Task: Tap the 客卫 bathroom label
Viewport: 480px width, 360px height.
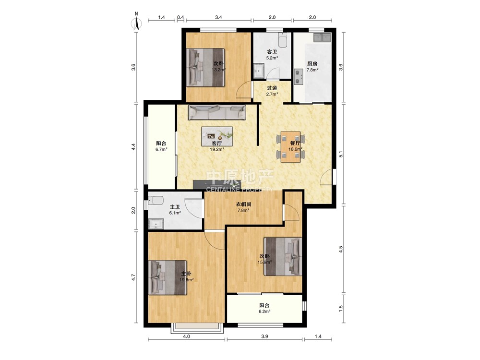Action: tap(272, 52)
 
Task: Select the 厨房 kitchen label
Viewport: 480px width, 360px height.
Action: tap(312, 64)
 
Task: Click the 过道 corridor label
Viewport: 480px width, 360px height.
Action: tap(272, 88)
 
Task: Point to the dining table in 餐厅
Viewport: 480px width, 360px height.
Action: tap(290, 146)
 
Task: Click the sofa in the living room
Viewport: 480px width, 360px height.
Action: tap(217, 113)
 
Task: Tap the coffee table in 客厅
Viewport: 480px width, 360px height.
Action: tap(217, 136)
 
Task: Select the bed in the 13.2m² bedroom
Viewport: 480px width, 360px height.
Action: tap(206, 67)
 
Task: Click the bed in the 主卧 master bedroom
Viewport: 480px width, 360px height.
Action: tap(168, 277)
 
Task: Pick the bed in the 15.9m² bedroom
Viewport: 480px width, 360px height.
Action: tap(283, 257)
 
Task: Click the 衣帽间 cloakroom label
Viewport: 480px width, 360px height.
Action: tap(243, 204)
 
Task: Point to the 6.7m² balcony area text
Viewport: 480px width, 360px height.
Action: tap(161, 149)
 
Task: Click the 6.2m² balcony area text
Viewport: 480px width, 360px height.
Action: tap(264, 312)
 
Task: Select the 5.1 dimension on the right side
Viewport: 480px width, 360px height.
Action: tap(341, 154)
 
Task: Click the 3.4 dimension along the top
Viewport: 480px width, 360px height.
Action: tap(218, 17)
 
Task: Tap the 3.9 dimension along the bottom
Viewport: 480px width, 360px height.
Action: tap(265, 336)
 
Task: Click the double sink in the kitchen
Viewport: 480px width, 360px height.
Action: tap(322, 37)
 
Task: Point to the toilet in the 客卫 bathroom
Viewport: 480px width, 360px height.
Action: tap(283, 40)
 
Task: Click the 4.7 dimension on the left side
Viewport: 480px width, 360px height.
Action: tap(133, 277)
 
